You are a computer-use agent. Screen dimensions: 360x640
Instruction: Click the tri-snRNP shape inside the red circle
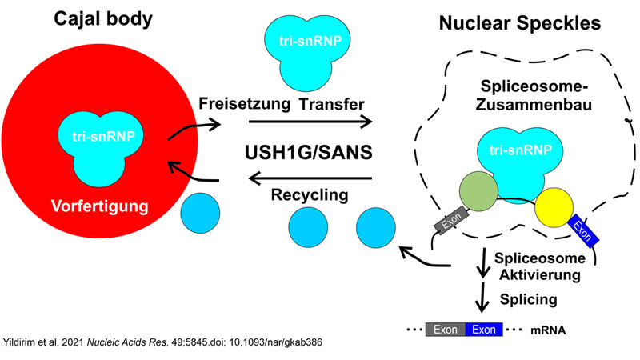pyautogui.click(x=104, y=149)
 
